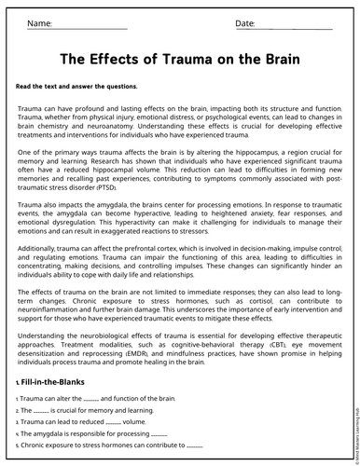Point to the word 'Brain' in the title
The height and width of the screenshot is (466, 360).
click(276, 59)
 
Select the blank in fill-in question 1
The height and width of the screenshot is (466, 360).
click(90, 398)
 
